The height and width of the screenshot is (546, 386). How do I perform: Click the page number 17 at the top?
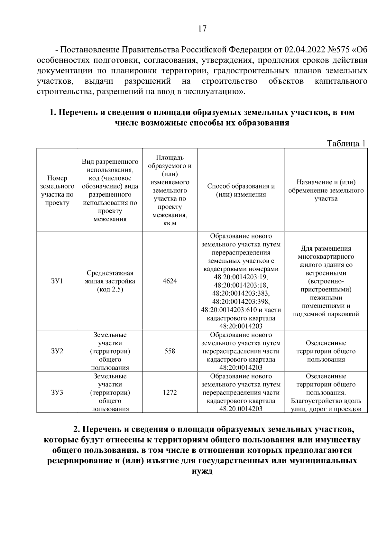(x=202, y=29)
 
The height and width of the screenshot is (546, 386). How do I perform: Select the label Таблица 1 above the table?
(x=346, y=143)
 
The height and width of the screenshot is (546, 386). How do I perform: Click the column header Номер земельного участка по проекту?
(x=57, y=190)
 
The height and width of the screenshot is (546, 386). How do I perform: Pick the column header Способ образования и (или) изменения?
(x=241, y=190)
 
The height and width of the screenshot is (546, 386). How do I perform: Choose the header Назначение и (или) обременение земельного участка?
(x=326, y=190)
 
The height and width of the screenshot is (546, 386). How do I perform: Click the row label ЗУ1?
(x=57, y=281)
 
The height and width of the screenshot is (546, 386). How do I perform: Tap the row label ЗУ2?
(x=57, y=351)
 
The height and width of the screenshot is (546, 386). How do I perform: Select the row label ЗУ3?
(x=57, y=393)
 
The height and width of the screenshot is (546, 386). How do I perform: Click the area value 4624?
(x=170, y=281)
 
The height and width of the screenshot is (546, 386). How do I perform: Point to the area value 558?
(x=170, y=351)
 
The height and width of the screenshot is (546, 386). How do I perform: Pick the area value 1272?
(x=170, y=393)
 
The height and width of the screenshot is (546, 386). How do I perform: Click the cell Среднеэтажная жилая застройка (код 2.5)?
(x=110, y=281)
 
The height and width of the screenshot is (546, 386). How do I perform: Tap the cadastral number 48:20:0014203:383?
(x=241, y=293)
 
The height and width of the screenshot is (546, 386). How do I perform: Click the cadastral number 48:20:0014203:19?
(x=241, y=277)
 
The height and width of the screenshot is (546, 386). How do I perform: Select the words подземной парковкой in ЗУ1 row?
(x=326, y=314)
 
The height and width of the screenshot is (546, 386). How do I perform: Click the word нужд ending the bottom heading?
(x=202, y=471)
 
